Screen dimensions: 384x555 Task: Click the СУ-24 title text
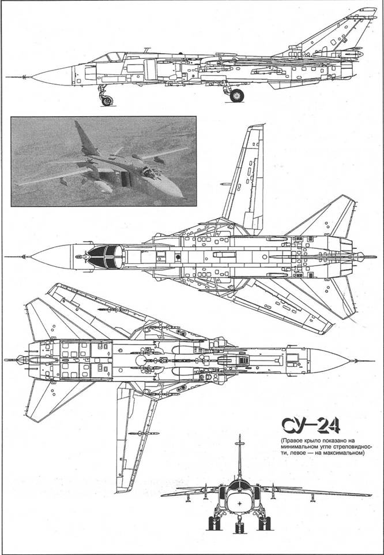click(311, 426)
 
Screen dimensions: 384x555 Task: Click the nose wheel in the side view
click(107, 101)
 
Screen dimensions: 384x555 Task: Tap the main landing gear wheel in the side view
click(236, 95)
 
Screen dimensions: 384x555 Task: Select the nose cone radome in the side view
click(52, 76)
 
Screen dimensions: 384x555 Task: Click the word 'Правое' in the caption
click(292, 441)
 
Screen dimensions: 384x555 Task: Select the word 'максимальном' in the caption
click(348, 452)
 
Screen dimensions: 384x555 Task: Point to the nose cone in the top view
click(52, 256)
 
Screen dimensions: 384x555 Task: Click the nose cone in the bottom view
click(329, 361)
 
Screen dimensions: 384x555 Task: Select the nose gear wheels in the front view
click(239, 528)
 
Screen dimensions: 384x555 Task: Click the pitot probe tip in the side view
click(7, 77)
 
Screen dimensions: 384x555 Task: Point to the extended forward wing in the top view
click(247, 177)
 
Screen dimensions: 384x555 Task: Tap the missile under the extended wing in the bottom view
click(144, 434)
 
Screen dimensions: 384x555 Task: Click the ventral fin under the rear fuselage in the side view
click(283, 85)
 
